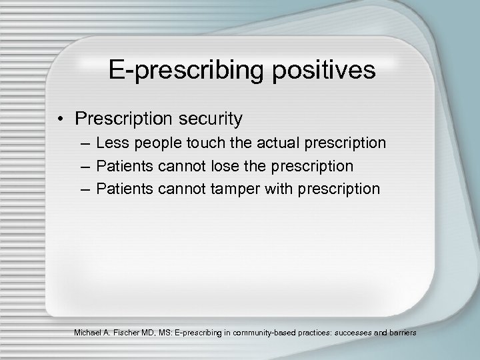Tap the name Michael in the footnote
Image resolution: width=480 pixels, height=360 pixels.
[94, 331]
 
